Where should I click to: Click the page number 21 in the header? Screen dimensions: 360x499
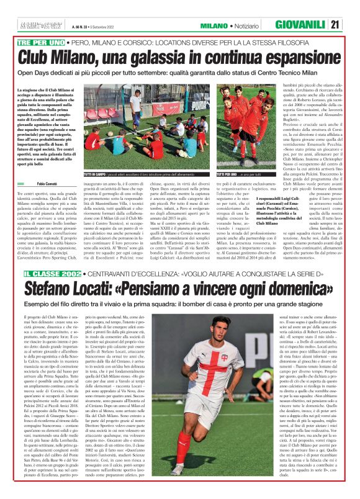click(351, 25)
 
